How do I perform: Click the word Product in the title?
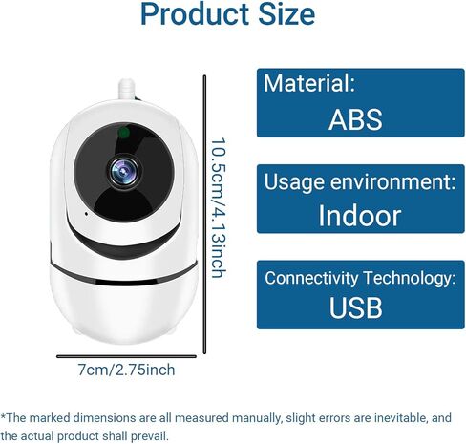coord(195,14)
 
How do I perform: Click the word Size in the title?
coord(286,14)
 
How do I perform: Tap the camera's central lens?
coord(124,172)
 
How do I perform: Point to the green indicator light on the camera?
coord(124,133)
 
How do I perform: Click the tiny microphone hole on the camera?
coord(86,213)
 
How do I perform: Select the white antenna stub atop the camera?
coord(127,89)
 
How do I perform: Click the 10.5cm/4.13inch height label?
coord(219,208)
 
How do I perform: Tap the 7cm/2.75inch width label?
coord(126,370)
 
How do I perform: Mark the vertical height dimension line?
coord(204,215)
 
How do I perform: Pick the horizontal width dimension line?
coord(126,356)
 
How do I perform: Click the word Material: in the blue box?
coord(309,83)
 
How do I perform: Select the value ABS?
coord(355,119)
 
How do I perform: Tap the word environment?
coord(392,181)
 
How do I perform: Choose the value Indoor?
coord(360,216)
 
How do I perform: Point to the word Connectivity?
coord(311,278)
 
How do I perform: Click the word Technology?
coord(410,278)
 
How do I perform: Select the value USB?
coord(355,307)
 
